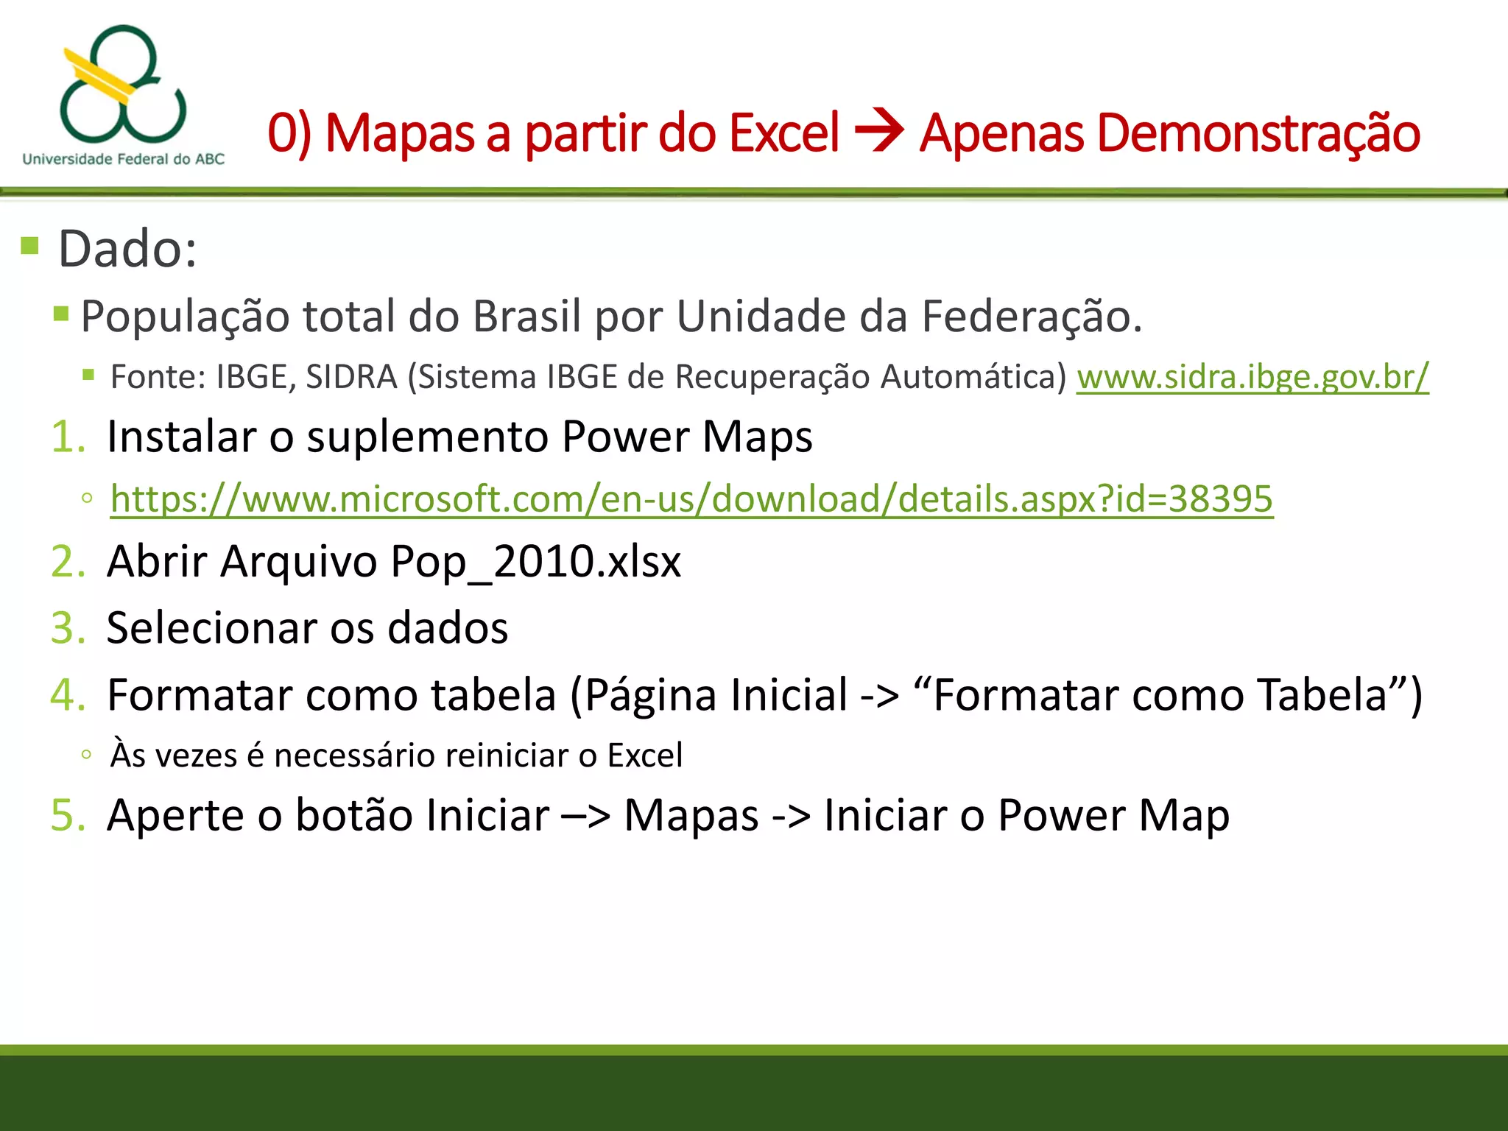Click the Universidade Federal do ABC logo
click(x=123, y=94)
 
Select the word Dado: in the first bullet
click(x=127, y=249)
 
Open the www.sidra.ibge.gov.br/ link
click(x=1252, y=377)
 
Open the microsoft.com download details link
click(x=691, y=499)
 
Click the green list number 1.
click(x=68, y=437)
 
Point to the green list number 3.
click(x=68, y=628)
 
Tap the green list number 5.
click(x=68, y=816)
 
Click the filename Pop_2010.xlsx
click(x=535, y=563)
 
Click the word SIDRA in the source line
click(x=351, y=377)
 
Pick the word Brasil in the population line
click(x=526, y=317)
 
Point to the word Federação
click(x=1032, y=317)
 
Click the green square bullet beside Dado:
click(x=30, y=245)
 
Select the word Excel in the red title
click(x=783, y=134)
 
